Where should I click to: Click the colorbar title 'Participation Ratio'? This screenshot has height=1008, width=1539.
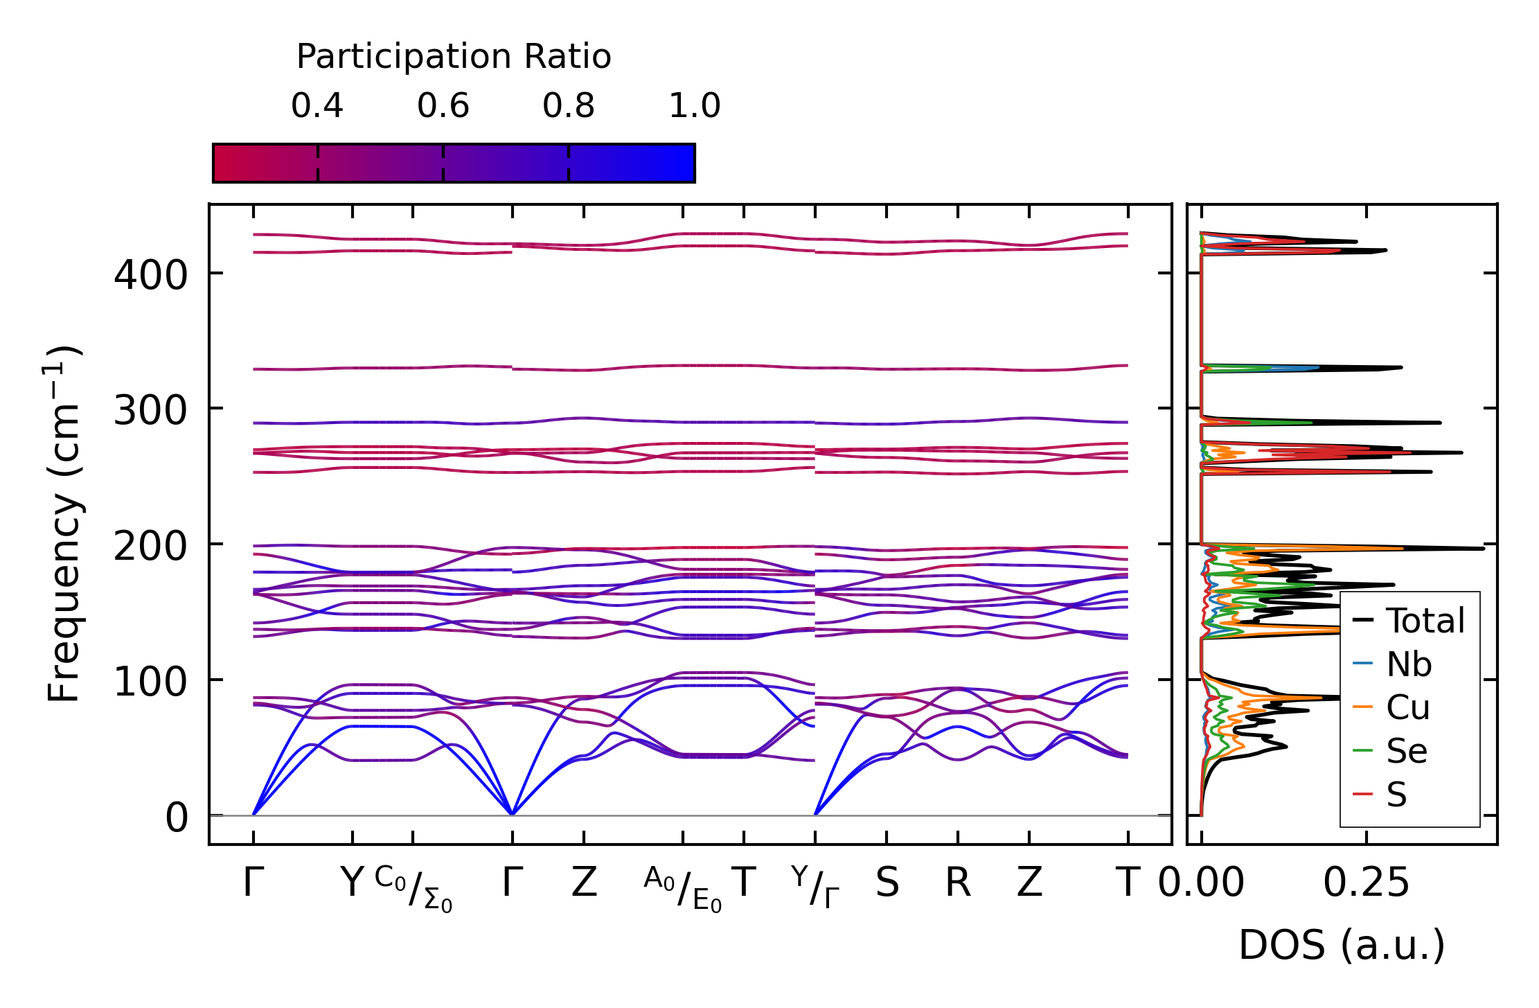[x=454, y=57]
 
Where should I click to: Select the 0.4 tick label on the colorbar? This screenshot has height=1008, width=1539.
[x=317, y=106]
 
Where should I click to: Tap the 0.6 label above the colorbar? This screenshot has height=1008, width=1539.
[x=443, y=106]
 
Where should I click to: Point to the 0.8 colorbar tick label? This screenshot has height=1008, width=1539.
[x=569, y=106]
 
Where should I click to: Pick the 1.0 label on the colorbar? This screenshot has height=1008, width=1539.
[x=695, y=106]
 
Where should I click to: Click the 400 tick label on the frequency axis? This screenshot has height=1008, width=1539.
[x=151, y=275]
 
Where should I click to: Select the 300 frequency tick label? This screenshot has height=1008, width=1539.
[x=151, y=411]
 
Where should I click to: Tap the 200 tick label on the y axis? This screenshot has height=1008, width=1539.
[x=151, y=547]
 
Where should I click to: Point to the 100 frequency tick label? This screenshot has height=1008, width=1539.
[x=151, y=682]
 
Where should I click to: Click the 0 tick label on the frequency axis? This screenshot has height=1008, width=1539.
[x=177, y=817]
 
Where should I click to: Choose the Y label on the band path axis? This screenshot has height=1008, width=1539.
[x=353, y=883]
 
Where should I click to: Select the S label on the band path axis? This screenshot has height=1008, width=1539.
[x=887, y=883]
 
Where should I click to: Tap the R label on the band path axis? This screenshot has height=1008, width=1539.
[x=958, y=883]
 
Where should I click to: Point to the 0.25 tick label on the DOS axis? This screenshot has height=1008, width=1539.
[x=1366, y=883]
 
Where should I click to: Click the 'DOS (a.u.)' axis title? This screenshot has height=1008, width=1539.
[x=1342, y=945]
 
